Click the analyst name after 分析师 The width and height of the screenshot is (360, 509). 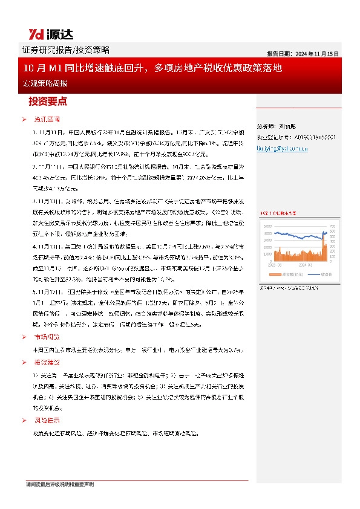pos(288,128)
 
